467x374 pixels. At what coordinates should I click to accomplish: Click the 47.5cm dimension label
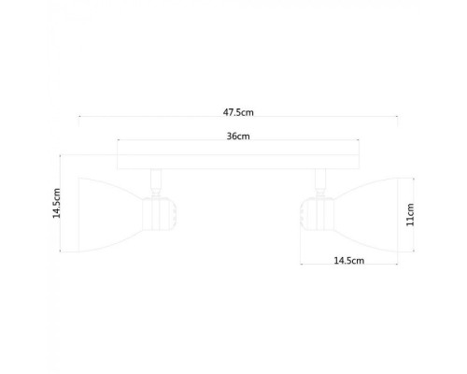(238, 112)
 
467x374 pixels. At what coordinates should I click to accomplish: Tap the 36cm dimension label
(238, 136)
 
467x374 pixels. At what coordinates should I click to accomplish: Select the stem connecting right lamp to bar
(320, 179)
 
